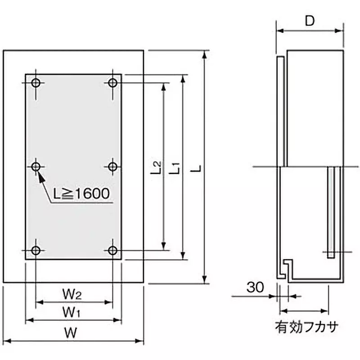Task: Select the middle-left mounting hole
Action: click(36, 166)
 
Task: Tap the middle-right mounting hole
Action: click(112, 166)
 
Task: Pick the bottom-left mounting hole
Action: click(36, 250)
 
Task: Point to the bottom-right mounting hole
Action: click(112, 250)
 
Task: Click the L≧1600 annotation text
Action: click(81, 194)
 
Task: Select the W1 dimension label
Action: click(72, 311)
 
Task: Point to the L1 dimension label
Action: click(175, 167)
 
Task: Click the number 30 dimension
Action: click(256, 287)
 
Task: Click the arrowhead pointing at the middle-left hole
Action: click(42, 177)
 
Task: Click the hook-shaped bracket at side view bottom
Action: click(286, 268)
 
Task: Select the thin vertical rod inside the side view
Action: click(331, 211)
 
